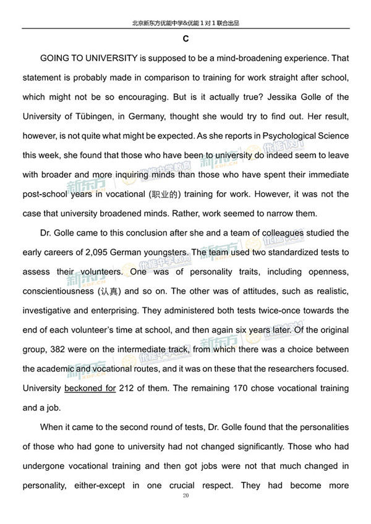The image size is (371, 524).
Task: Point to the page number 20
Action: [185, 496]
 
